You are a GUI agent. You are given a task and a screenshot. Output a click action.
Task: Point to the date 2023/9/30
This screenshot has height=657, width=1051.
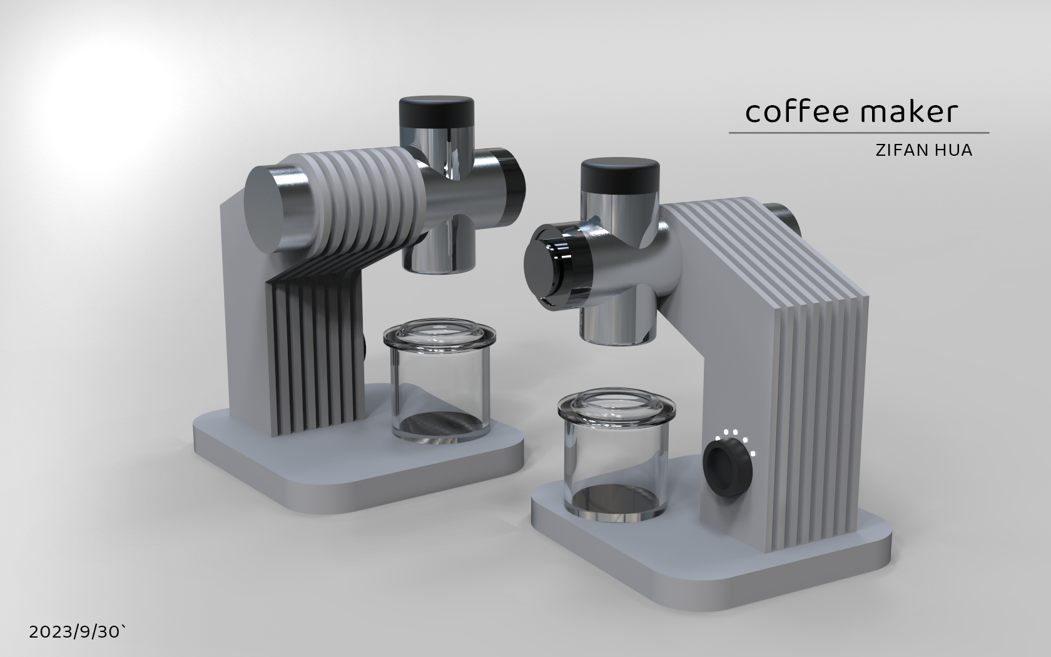click(74, 633)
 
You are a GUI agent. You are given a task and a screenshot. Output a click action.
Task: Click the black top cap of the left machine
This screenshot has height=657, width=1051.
click(436, 111)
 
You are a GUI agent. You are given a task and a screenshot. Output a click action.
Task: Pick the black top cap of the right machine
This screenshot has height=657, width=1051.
click(620, 175)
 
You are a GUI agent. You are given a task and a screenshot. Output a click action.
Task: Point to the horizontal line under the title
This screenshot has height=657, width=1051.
click(858, 133)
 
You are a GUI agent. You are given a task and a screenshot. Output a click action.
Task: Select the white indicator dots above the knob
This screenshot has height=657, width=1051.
click(739, 438)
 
